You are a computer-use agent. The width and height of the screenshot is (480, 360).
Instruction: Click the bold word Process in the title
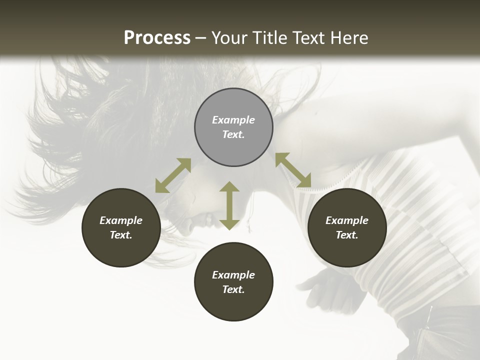click(157, 38)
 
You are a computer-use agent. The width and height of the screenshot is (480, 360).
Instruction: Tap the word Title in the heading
click(266, 38)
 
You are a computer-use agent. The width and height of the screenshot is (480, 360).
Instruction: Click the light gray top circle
click(233, 127)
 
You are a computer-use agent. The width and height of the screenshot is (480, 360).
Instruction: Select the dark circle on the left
click(121, 227)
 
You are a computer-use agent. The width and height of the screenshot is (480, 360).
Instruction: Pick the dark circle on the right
click(347, 227)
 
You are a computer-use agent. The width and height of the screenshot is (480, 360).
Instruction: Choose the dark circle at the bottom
click(233, 281)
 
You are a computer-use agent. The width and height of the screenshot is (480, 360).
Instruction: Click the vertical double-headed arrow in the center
click(229, 205)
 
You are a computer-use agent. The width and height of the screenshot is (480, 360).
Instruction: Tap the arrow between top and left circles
click(173, 175)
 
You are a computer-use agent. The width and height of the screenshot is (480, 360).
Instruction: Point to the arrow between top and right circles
click(293, 170)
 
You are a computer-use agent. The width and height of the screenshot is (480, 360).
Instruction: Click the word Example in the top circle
click(233, 120)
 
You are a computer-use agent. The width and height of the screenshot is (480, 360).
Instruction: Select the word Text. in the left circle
click(121, 235)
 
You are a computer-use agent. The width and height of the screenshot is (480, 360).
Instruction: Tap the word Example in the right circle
click(347, 220)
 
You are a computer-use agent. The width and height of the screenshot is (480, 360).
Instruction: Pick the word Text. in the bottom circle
click(233, 289)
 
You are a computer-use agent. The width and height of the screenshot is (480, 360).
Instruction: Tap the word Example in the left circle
click(121, 220)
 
